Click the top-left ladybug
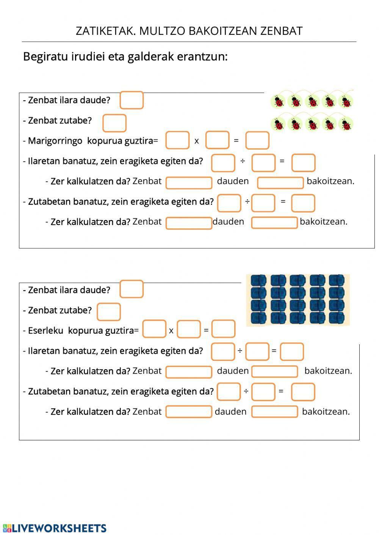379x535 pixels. click(x=279, y=101)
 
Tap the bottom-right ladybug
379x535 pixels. click(x=346, y=124)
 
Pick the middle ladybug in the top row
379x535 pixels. click(x=312, y=101)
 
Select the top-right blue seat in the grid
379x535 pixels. click(x=337, y=280)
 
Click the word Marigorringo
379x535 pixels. click(x=55, y=141)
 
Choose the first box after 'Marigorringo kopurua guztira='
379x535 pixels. click(x=177, y=140)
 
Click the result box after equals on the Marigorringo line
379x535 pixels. click(x=257, y=140)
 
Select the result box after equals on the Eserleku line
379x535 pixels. click(x=223, y=329)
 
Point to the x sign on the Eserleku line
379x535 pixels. click(x=171, y=331)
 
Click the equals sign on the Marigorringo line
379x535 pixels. click(x=236, y=140)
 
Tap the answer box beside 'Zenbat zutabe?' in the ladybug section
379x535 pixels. click(x=114, y=123)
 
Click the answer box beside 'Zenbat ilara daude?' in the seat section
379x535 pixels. click(x=132, y=289)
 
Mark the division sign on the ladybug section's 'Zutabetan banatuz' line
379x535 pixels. click(x=247, y=201)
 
